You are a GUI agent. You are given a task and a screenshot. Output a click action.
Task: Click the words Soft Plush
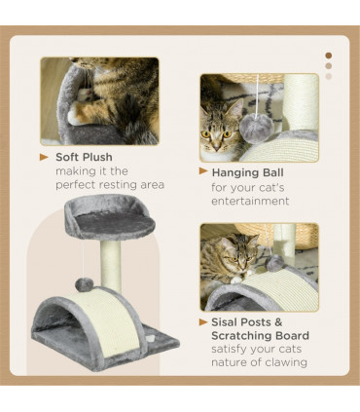84,157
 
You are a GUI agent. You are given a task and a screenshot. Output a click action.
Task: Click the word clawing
283,363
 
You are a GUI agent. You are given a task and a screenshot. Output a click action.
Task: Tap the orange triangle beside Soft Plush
45,157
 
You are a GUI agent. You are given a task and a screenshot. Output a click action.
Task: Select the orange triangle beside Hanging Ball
203,171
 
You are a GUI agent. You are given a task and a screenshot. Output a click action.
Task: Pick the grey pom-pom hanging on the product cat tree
87,283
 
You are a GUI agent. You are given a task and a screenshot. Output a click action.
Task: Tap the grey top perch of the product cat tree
108,219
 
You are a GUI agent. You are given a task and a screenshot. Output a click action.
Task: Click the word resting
122,185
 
